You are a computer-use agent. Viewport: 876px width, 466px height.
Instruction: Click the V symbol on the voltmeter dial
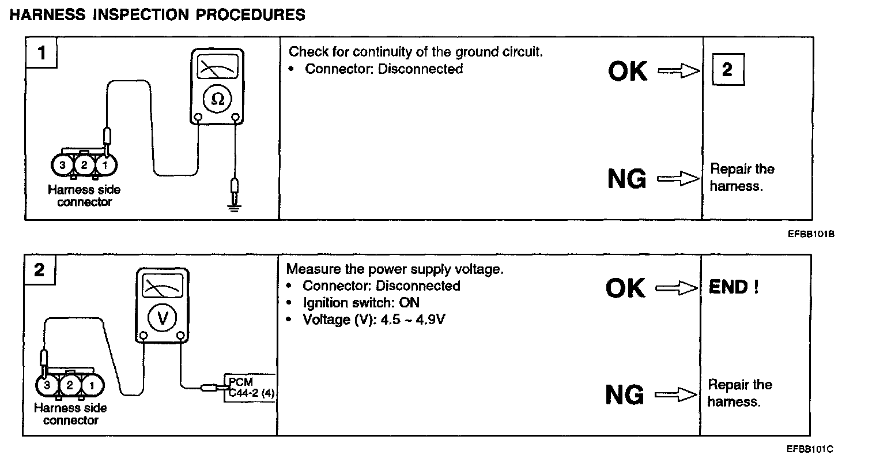coord(163,317)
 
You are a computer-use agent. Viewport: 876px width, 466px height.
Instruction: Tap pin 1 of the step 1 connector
coord(105,166)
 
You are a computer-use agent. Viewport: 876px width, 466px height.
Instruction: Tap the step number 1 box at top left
coord(41,54)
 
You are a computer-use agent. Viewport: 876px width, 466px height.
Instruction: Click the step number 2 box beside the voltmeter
coord(39,270)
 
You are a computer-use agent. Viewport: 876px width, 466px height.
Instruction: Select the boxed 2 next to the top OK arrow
coord(728,70)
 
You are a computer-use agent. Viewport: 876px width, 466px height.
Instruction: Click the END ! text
coord(733,287)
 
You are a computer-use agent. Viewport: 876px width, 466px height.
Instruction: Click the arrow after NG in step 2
coord(676,395)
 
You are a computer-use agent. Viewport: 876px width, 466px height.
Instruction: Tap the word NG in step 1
coord(627,179)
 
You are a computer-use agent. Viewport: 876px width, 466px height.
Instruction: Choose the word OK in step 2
coord(626,288)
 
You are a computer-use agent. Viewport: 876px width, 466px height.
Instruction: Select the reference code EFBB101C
coord(810,449)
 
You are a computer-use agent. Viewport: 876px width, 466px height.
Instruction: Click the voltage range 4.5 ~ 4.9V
coord(413,319)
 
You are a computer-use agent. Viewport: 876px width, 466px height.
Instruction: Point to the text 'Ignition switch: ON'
coord(361,302)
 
